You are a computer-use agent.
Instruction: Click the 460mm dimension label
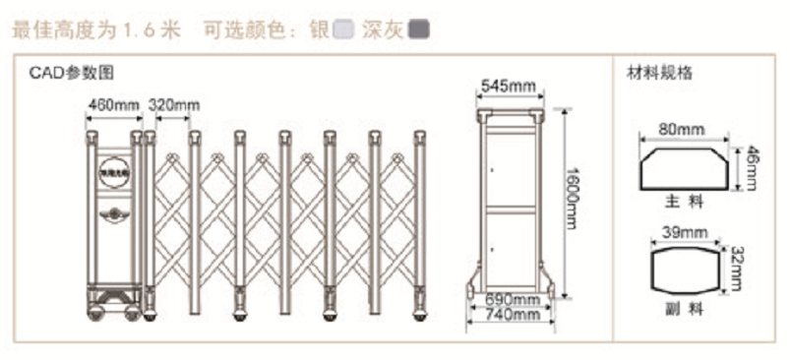114,105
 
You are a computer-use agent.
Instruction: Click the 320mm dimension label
173,105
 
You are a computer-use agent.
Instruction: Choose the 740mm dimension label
513,315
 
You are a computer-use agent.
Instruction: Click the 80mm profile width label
681,129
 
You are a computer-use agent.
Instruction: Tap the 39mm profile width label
680,232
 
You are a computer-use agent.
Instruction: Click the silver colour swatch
343,30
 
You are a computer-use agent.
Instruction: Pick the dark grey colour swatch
420,30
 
